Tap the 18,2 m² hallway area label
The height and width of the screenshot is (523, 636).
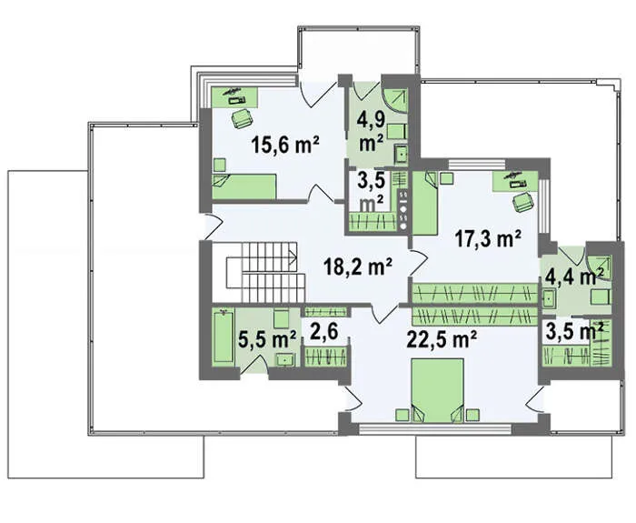(x=358, y=267)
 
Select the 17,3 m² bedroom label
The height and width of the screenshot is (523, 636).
(x=488, y=238)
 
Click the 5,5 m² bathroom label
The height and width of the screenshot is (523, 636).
(x=267, y=339)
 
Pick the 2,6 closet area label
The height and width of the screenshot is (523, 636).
(x=324, y=332)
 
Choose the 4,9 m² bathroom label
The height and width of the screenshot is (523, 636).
(x=372, y=131)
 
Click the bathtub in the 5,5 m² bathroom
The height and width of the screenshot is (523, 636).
(x=224, y=337)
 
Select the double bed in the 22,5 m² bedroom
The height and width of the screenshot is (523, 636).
(x=437, y=390)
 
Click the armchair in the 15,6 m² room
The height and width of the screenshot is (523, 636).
(x=243, y=117)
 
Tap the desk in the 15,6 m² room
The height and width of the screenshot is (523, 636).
(x=234, y=96)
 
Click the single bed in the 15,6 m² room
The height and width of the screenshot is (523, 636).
(x=244, y=186)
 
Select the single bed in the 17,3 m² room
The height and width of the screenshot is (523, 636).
(x=425, y=203)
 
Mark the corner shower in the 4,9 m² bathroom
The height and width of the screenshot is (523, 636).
(x=395, y=100)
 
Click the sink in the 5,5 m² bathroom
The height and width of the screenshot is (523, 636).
(x=286, y=360)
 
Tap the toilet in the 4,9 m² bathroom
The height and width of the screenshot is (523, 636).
(x=396, y=133)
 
